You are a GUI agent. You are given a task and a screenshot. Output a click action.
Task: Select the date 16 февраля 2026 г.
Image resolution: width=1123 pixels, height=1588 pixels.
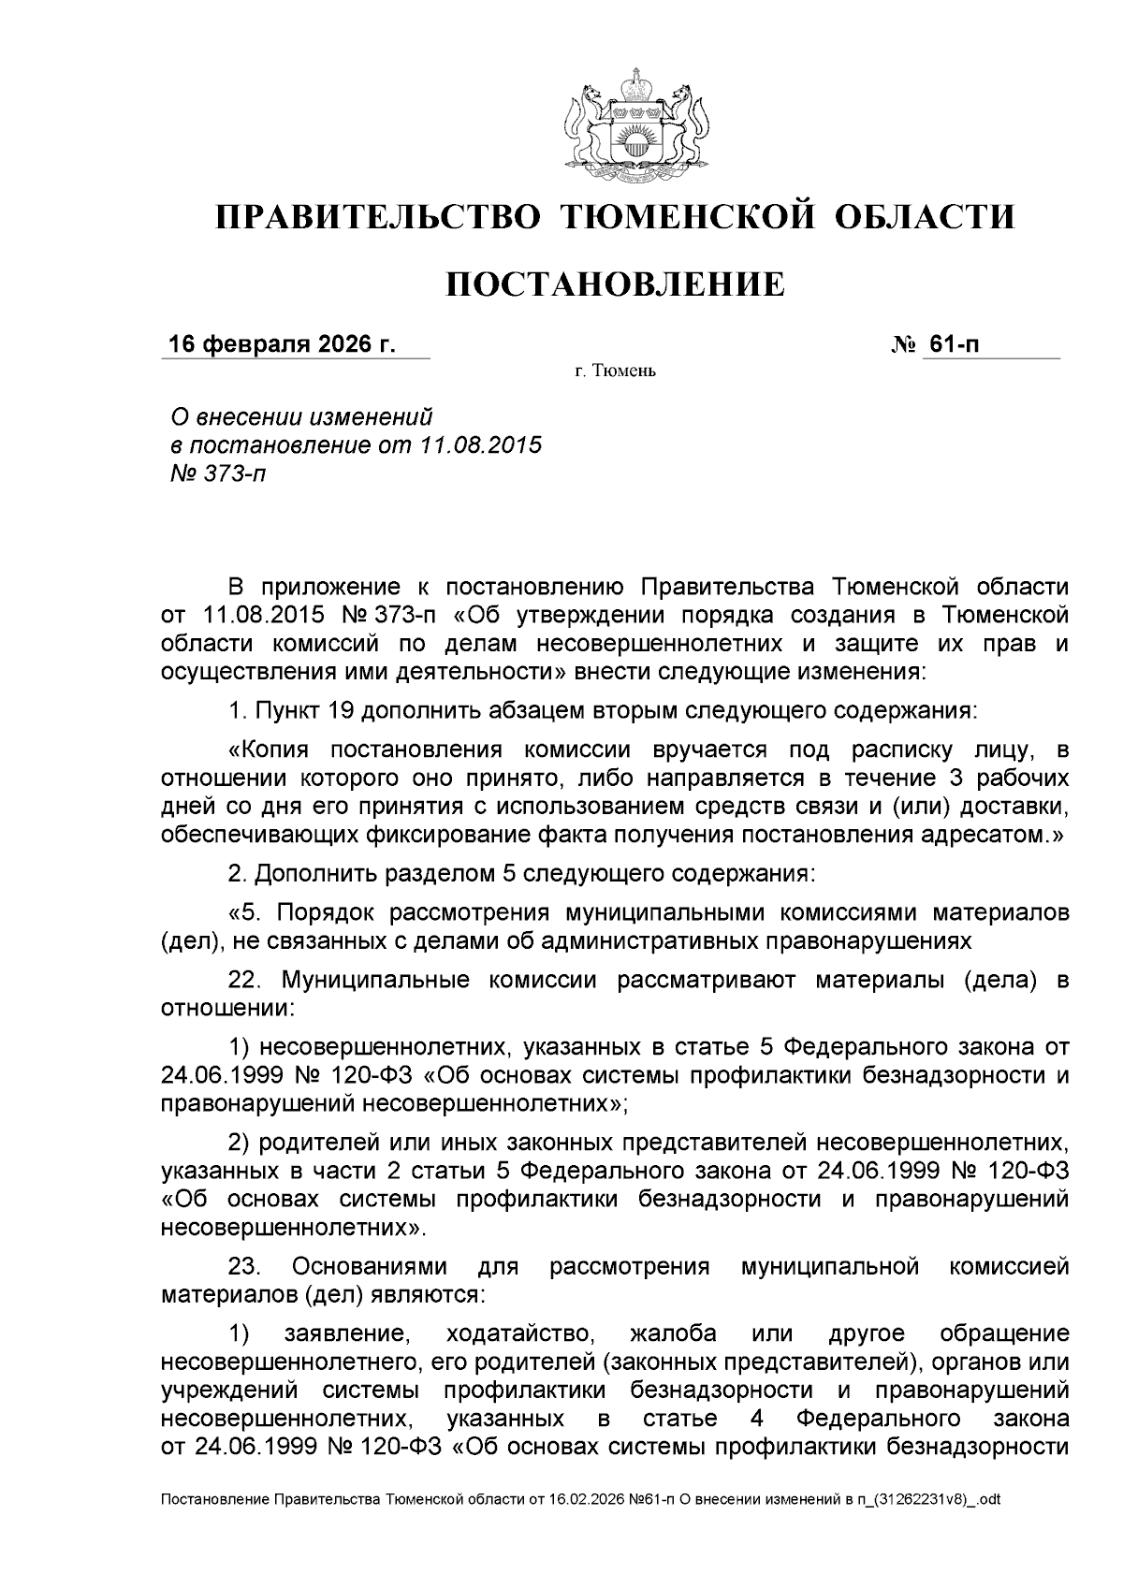[282, 344]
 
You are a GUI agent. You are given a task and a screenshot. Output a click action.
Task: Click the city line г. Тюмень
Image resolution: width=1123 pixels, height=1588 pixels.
[616, 372]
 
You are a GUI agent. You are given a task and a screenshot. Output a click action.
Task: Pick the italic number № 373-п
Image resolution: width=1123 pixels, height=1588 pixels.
[214, 474]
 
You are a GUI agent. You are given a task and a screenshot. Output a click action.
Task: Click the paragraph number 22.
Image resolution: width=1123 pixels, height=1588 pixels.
[248, 981]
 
